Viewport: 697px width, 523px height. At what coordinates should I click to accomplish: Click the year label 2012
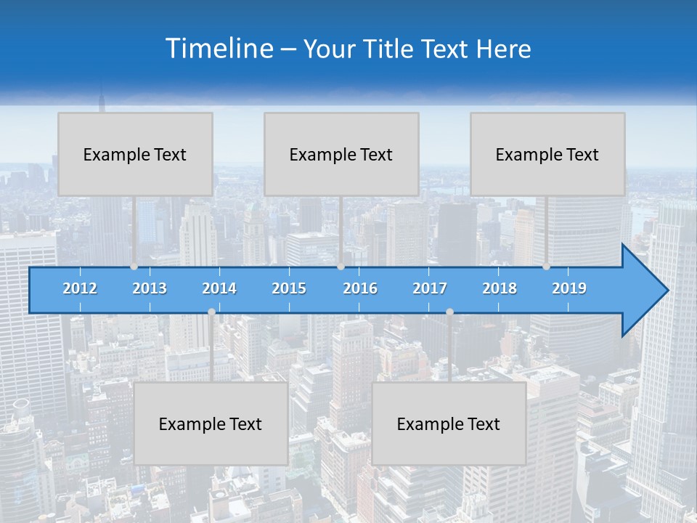point(80,288)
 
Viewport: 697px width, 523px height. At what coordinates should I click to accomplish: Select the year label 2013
point(150,288)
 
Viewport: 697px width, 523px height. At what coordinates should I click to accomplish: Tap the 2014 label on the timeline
point(219,288)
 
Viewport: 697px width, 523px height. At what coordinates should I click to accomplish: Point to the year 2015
point(289,288)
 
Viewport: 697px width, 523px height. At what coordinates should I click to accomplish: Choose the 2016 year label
point(360,288)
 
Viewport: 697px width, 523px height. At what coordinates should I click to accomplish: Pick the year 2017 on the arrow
point(430,288)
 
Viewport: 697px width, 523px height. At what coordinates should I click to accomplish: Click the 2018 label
point(500,288)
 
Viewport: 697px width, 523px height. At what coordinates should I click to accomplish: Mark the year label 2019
point(569,288)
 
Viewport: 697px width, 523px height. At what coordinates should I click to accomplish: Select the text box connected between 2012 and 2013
point(135,154)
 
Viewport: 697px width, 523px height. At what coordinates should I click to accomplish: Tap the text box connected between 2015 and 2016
point(341,154)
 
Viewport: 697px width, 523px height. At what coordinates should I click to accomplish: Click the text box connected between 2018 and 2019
point(547,154)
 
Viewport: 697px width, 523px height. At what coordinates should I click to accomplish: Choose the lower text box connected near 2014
point(211,423)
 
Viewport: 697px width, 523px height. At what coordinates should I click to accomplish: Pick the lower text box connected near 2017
point(449,423)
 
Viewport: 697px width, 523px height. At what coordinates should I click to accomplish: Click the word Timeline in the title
point(218,49)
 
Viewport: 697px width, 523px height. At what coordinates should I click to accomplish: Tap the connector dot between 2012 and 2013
point(134,267)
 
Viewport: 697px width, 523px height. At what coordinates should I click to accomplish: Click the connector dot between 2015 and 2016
point(341,267)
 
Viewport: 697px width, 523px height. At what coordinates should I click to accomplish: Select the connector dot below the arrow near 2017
point(449,312)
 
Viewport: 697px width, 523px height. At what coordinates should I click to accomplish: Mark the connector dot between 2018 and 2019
point(546,267)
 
